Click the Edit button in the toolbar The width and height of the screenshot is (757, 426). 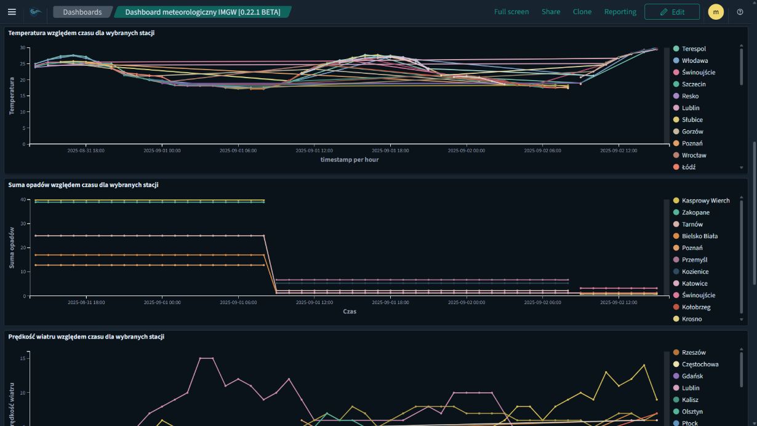click(x=671, y=12)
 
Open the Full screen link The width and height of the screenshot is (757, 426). click(x=511, y=12)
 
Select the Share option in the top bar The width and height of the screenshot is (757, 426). click(x=551, y=12)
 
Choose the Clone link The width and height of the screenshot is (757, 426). click(x=582, y=12)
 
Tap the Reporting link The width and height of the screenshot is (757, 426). click(x=620, y=12)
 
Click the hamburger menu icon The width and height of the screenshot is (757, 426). click(x=12, y=12)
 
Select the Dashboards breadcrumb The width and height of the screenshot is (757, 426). click(x=82, y=12)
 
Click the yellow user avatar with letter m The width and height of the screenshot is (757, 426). click(x=716, y=12)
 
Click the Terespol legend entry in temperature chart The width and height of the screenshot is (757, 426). click(x=694, y=49)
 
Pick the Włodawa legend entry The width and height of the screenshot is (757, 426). click(x=694, y=60)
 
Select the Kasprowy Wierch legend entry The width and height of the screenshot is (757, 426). click(x=705, y=201)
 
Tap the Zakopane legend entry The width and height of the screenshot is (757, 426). click(x=695, y=212)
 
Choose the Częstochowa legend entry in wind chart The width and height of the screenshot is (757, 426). click(x=700, y=364)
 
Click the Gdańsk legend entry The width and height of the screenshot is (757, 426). click(x=692, y=376)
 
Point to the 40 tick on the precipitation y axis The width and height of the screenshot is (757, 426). click(x=23, y=199)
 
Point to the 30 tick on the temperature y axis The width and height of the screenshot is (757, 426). click(x=23, y=47)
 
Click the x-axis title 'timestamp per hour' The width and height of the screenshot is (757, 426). click(x=349, y=159)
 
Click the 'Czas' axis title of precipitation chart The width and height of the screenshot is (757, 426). click(x=349, y=311)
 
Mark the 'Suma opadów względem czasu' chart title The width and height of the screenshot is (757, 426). click(x=83, y=185)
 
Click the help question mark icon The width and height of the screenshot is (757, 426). click(x=740, y=12)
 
